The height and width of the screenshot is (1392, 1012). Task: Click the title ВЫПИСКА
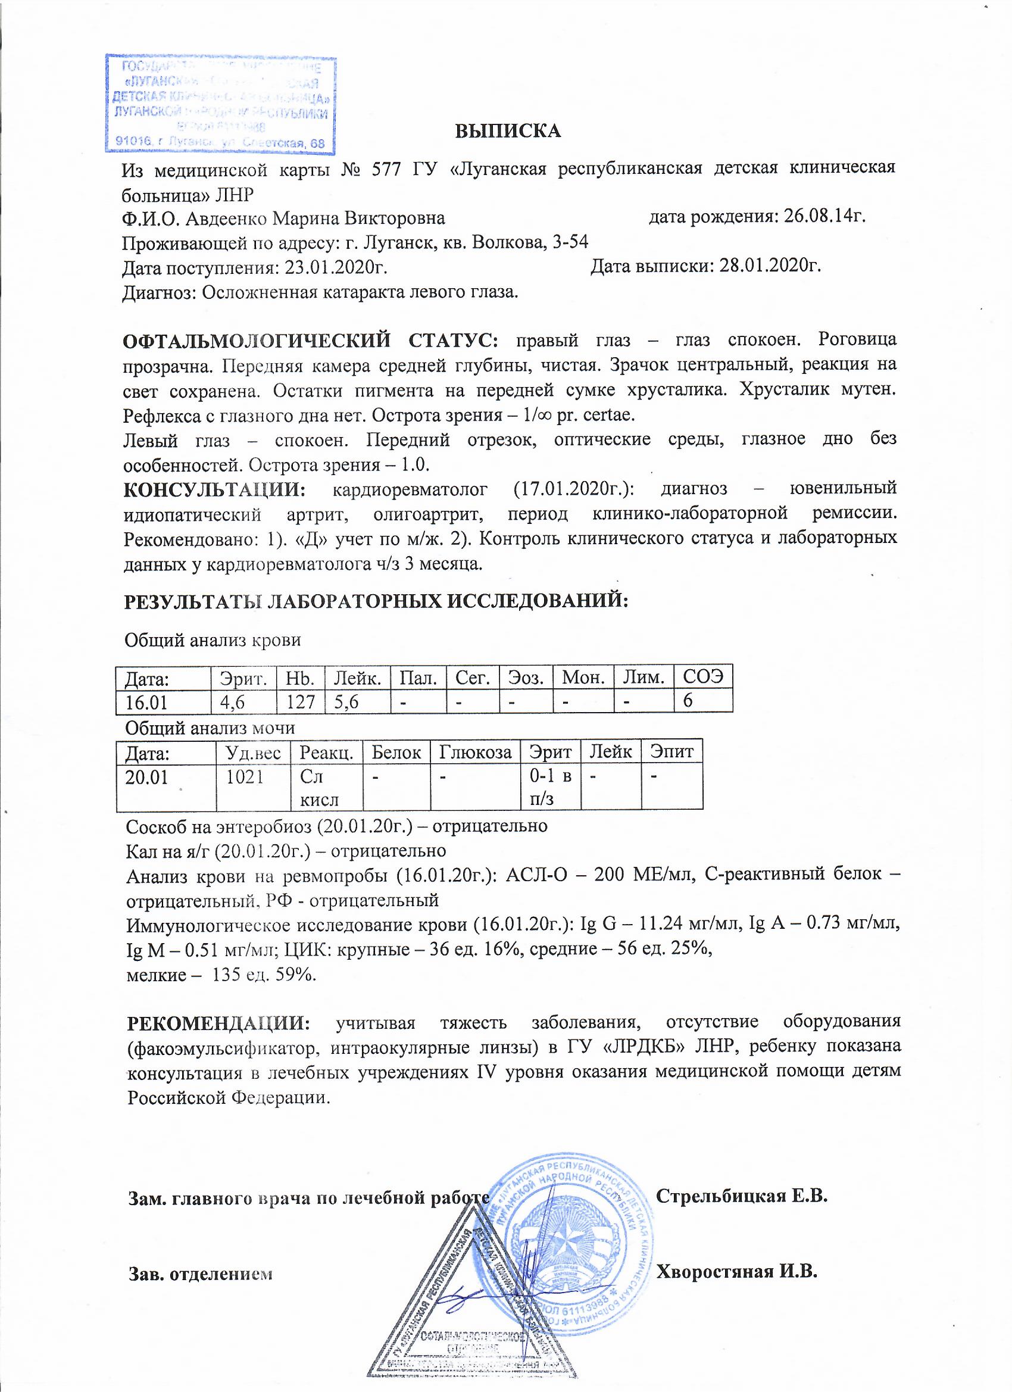(508, 131)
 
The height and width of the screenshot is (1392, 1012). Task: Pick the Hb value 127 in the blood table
(300, 701)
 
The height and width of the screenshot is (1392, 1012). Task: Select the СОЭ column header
(702, 678)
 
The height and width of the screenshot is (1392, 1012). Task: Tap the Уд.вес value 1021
(245, 777)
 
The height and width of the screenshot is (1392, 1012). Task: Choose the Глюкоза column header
(475, 752)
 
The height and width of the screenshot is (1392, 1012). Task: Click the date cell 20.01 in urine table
(146, 777)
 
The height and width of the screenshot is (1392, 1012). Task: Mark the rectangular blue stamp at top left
(221, 104)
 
